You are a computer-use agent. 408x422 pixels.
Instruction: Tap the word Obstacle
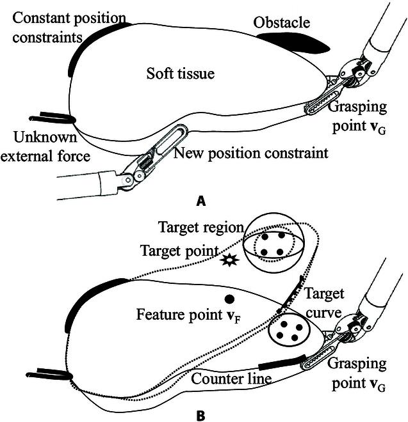281,24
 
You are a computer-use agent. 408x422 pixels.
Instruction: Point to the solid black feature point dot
228,299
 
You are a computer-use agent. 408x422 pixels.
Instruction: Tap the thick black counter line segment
282,365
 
